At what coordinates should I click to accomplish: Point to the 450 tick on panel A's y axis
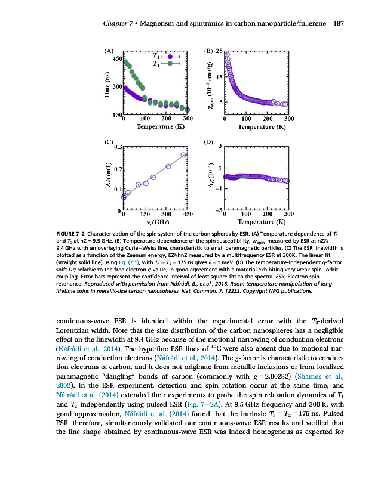pyautogui.click(x=114, y=58)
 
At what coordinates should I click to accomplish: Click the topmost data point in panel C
pyautogui.click(x=183, y=155)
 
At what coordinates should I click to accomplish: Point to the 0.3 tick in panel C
pyautogui.click(x=118, y=147)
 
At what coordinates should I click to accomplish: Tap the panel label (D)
pyautogui.click(x=208, y=141)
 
